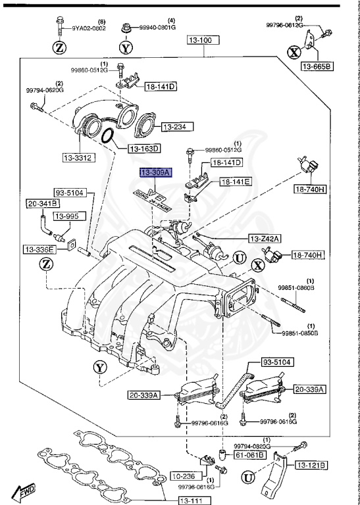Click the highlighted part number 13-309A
pos(155,172)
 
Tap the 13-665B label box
pos(317,66)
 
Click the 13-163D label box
pos(143,149)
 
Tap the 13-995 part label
pos(66,216)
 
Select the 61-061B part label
pos(252,453)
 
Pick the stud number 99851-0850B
pos(300,333)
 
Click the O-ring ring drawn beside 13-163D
pos(110,137)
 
